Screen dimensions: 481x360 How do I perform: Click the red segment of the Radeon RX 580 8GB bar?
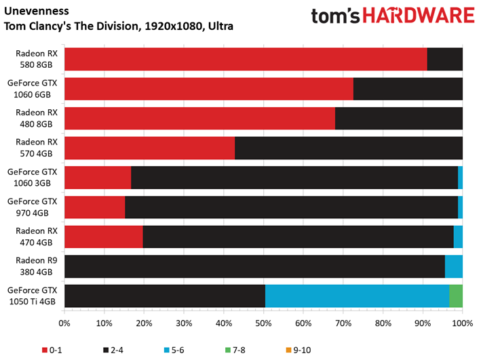246,59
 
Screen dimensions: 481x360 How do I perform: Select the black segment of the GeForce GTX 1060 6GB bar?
408,89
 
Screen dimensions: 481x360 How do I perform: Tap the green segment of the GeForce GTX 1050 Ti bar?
456,296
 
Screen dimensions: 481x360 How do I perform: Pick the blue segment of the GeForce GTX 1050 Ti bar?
358,296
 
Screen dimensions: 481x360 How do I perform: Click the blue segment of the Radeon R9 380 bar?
454,266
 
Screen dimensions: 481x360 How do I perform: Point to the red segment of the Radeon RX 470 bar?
104,237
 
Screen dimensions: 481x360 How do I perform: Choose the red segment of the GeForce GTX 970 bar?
95,207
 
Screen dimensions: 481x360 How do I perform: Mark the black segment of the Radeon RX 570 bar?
349,148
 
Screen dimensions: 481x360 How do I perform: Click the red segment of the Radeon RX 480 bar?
200,119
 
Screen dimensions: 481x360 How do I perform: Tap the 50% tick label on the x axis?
263,323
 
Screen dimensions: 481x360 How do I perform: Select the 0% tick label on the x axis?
64,323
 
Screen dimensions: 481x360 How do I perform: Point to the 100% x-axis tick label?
463,323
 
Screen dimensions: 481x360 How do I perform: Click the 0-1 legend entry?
52,350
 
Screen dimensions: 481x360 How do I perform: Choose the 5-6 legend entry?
174,350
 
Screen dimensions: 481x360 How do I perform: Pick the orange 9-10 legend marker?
288,350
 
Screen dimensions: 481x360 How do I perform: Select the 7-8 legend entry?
235,350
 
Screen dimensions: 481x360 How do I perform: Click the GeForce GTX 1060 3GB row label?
32,177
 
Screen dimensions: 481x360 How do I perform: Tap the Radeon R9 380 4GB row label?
37,266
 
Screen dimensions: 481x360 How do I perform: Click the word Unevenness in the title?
37,11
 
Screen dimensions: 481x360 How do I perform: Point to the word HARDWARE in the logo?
419,16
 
